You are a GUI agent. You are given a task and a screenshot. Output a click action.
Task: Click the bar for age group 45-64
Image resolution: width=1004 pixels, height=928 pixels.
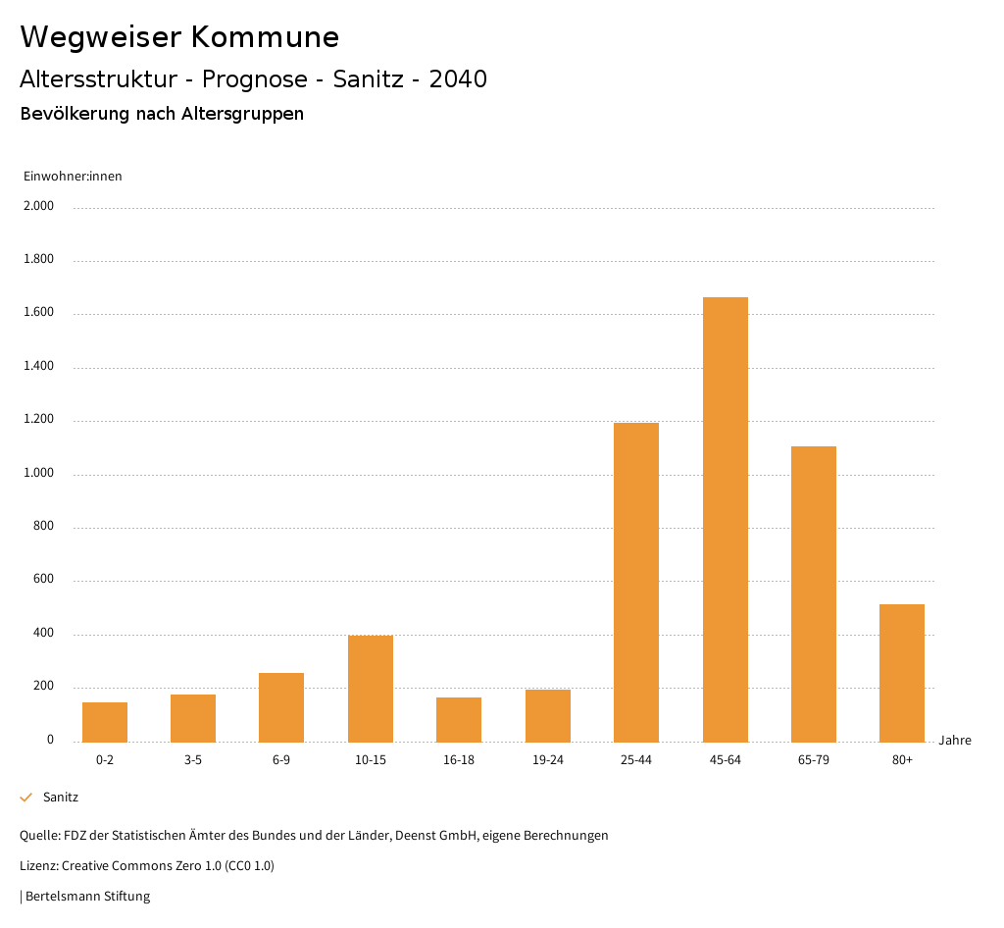click(725, 519)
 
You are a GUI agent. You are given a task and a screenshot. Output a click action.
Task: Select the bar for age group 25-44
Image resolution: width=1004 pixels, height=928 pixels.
click(636, 582)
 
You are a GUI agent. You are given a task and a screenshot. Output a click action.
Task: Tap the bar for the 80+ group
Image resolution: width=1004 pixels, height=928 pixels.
click(902, 673)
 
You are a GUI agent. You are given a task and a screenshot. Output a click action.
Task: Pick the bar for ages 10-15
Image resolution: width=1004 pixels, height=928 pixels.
click(371, 689)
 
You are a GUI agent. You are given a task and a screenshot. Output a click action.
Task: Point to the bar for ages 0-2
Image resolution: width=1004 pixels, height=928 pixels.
click(105, 722)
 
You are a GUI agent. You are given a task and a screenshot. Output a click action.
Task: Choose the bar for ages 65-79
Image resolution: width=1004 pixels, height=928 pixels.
click(814, 593)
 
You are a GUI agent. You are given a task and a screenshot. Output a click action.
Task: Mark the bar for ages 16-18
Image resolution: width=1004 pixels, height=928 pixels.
click(459, 719)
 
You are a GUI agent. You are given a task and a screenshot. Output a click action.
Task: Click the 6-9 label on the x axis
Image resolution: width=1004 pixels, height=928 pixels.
click(281, 760)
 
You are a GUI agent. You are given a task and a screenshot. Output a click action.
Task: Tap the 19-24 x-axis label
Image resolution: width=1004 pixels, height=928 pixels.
click(547, 760)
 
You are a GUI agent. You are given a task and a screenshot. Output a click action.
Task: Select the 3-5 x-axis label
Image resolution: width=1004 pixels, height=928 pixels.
click(193, 760)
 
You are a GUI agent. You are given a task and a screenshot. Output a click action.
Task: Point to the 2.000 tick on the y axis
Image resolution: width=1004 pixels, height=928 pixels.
click(39, 207)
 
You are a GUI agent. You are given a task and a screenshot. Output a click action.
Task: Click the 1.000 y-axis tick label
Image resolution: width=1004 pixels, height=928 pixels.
click(39, 474)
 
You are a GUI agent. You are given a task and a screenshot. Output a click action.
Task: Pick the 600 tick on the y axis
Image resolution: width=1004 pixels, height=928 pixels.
click(43, 581)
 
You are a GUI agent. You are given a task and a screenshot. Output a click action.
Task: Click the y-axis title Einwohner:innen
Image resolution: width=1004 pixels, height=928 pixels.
click(73, 177)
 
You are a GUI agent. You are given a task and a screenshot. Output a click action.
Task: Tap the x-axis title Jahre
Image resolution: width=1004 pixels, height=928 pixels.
click(954, 741)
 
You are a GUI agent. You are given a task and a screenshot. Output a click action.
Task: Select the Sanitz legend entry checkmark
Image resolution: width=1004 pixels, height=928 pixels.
click(26, 798)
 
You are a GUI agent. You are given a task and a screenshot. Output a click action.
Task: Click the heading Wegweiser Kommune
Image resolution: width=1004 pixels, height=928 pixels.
click(179, 37)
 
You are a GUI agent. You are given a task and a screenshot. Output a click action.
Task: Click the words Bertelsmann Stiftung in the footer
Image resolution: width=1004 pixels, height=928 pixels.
click(87, 897)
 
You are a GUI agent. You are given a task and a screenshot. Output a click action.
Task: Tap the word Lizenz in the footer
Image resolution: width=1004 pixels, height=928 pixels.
click(38, 866)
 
